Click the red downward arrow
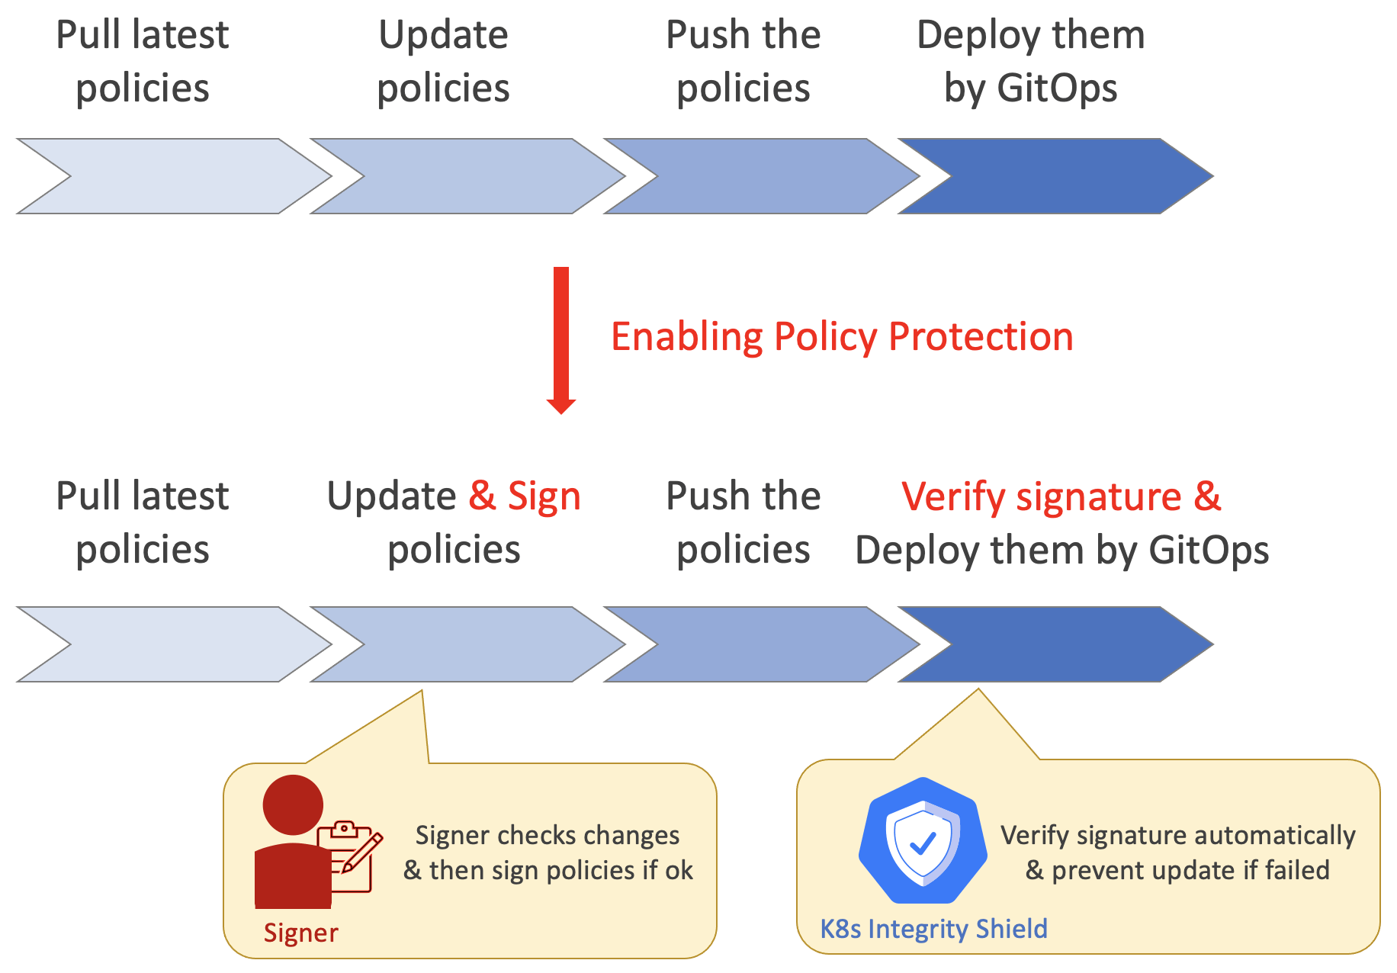[x=561, y=339]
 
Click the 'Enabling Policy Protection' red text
[x=842, y=337]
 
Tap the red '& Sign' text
[x=525, y=496]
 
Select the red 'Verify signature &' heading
[x=1061, y=496]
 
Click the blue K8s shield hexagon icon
[x=923, y=843]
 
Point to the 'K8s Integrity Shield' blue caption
[x=933, y=929]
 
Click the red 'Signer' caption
[x=300, y=933]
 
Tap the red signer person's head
[x=293, y=804]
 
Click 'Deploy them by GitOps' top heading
[x=1030, y=61]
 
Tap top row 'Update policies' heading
[x=443, y=61]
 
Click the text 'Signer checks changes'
[x=547, y=836]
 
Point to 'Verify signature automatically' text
[x=1177, y=836]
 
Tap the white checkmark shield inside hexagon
[x=923, y=843]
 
